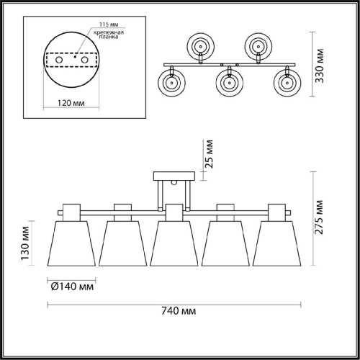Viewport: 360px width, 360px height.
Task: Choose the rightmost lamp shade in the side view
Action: pyautogui.click(x=276, y=245)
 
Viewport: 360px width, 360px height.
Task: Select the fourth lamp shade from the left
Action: pyautogui.click(x=225, y=245)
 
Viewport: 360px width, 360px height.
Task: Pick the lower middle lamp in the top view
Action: pyautogui.click(x=229, y=83)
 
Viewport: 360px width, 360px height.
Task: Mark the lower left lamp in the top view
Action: pyautogui.click(x=172, y=83)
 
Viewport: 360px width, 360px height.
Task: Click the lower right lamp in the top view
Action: pyautogui.click(x=286, y=83)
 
